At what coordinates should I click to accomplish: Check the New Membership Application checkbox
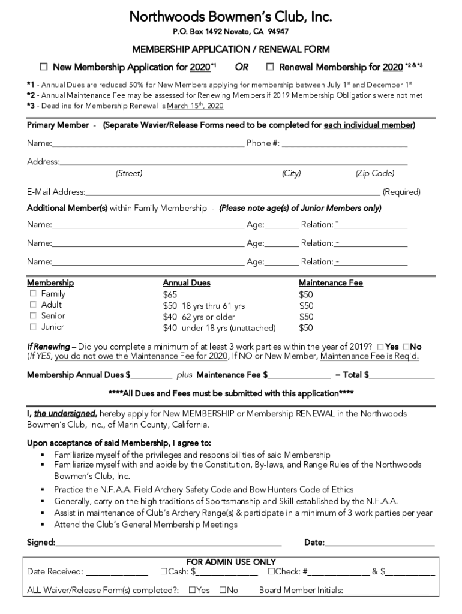(44, 67)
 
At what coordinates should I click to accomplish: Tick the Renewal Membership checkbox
(270, 67)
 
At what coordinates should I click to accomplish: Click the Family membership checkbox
(33, 294)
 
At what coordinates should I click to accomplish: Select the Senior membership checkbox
(33, 316)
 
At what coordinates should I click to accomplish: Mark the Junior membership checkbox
(33, 327)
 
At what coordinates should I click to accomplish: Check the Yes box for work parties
(381, 347)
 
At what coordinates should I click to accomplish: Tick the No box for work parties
(406, 347)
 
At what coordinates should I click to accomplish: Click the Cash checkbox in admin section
(163, 572)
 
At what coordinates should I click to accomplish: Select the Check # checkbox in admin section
(271, 572)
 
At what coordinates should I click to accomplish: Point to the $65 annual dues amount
(170, 294)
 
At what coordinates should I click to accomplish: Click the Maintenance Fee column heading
(331, 283)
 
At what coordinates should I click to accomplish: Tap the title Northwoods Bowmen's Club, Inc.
(230, 16)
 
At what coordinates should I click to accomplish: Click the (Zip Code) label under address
(374, 174)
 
